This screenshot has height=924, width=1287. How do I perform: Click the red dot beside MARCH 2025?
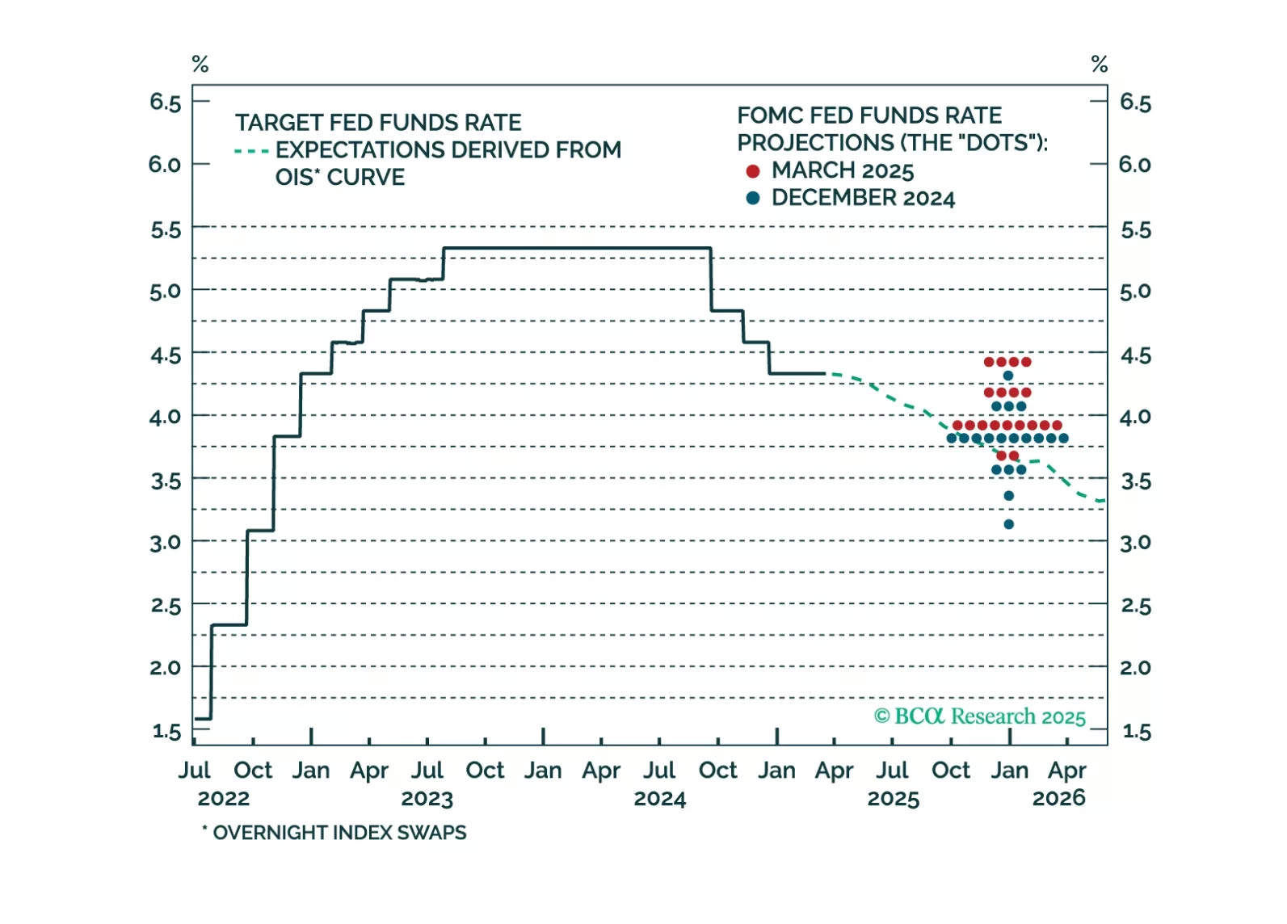pos(753,171)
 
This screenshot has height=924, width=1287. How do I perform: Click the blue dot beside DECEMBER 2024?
pos(753,198)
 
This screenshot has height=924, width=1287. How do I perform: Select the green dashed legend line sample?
pos(251,151)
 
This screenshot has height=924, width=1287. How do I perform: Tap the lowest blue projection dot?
pos(1008,524)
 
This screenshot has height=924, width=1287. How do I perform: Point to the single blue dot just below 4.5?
pos(1007,376)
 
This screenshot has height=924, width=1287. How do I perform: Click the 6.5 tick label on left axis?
pos(165,103)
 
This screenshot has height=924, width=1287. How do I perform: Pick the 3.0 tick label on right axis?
pos(1135,543)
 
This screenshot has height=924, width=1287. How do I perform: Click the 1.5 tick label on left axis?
pos(166,731)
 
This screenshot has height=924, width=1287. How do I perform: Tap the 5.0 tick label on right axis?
pos(1135,292)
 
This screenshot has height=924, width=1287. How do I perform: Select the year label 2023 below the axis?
pos(427,799)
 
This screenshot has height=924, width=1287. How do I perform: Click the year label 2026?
pos(1058,799)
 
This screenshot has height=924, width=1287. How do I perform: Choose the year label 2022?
pos(224,799)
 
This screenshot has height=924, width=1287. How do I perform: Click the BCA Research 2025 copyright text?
pos(979,716)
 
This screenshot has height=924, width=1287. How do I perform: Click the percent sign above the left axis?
pos(200,64)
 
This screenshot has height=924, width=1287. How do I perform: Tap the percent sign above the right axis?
pos(1099,64)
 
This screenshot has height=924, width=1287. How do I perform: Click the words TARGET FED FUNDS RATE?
pos(378,123)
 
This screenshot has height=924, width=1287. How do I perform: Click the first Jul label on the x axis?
pos(194,771)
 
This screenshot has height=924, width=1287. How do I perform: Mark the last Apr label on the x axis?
pos(1066,771)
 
